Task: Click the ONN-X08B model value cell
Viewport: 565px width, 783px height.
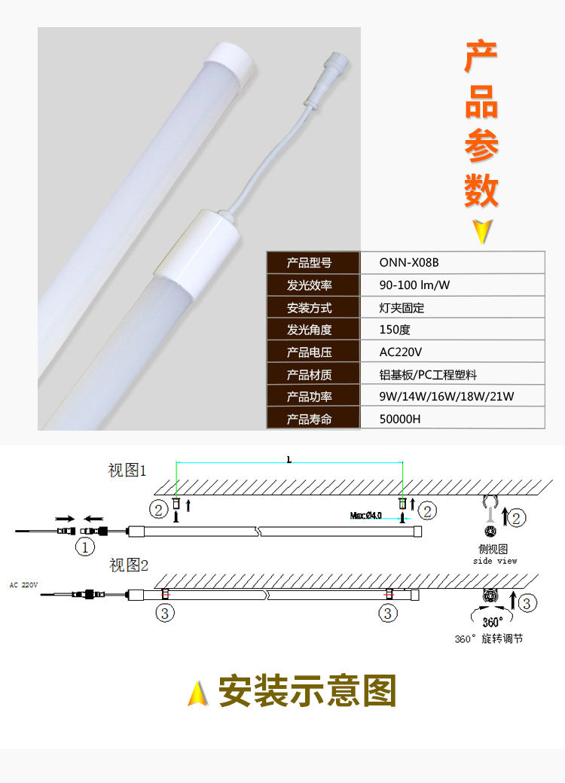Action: [x=452, y=263]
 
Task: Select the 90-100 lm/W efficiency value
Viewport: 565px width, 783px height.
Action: [x=452, y=285]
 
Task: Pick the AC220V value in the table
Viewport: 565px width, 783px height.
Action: [x=452, y=352]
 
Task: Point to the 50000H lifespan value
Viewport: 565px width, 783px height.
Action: [x=452, y=419]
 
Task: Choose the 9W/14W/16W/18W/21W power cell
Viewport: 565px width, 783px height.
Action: [x=452, y=397]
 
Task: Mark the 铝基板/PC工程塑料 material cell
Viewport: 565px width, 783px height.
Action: [x=452, y=374]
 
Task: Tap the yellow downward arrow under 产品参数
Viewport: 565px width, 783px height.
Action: [x=481, y=232]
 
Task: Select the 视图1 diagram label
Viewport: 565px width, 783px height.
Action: [x=127, y=471]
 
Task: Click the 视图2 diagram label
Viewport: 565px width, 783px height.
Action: [x=129, y=564]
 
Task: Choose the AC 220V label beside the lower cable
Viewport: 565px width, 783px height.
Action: [x=23, y=584]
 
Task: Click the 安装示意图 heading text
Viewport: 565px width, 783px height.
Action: [x=307, y=690]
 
